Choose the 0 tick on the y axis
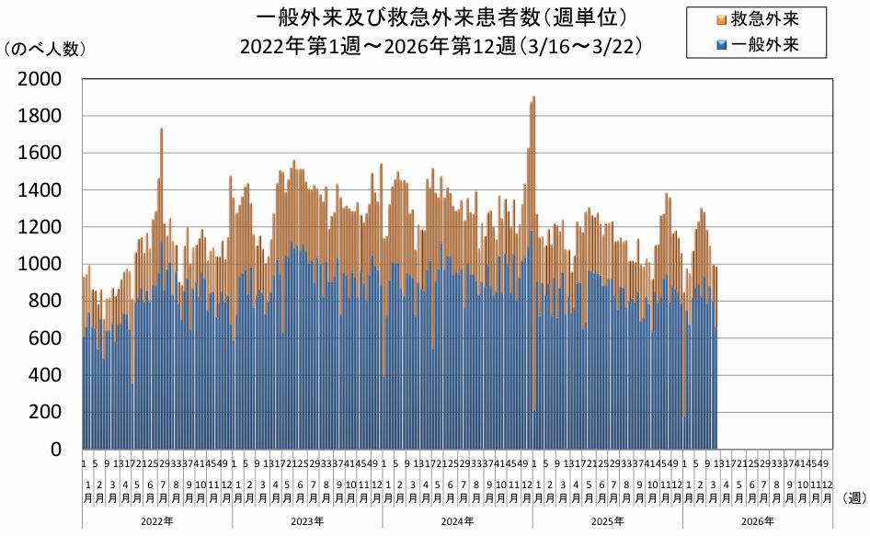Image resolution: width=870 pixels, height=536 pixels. (x=57, y=449)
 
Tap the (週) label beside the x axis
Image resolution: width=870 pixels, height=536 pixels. (x=854, y=496)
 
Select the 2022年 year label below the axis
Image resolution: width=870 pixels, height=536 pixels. (x=156, y=521)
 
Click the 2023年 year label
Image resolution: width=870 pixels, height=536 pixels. (x=306, y=521)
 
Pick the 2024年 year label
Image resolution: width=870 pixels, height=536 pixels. (x=456, y=521)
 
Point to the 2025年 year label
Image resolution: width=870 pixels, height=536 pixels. (x=606, y=521)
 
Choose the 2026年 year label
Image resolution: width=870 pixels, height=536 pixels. (x=756, y=521)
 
